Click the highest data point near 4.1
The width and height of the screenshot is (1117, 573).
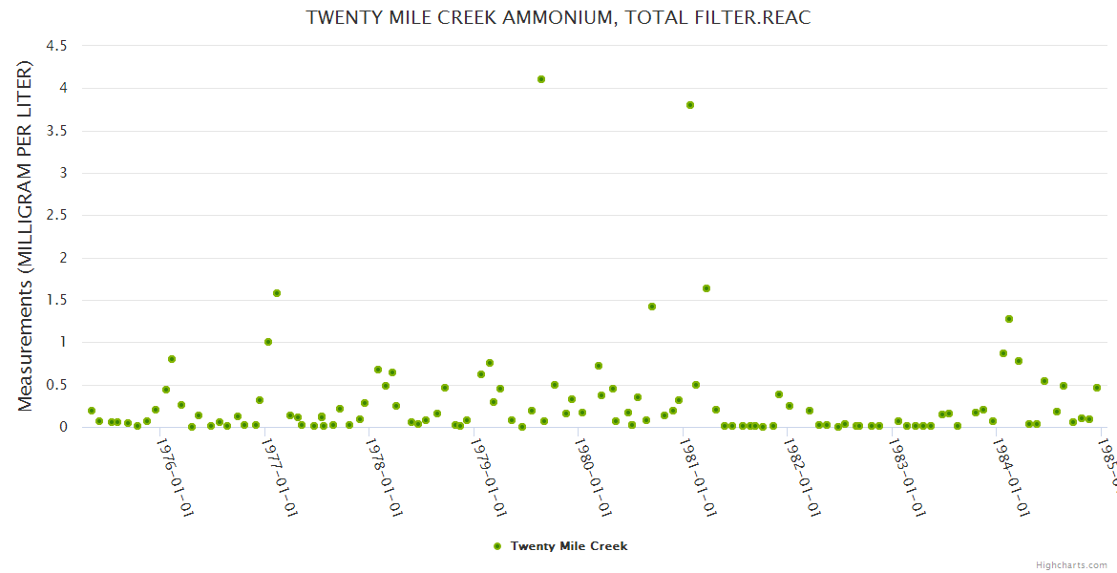tap(541, 79)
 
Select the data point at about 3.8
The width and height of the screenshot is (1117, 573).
tap(690, 105)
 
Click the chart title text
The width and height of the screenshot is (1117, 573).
tap(558, 18)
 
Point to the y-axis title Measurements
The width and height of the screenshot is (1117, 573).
tap(26, 236)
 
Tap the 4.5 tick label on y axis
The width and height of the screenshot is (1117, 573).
tap(56, 46)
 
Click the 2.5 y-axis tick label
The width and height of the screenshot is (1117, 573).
tap(56, 216)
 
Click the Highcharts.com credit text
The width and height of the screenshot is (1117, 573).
tap(1072, 565)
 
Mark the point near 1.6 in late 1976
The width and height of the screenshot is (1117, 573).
tap(277, 293)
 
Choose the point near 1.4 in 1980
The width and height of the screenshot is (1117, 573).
tap(652, 307)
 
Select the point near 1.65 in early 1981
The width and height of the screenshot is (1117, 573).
tap(706, 288)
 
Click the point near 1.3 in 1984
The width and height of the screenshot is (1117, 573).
tap(1009, 319)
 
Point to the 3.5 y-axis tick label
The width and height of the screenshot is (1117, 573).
tap(56, 131)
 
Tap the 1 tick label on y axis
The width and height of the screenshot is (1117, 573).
tap(63, 343)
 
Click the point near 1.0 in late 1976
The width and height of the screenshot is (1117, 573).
tap(268, 342)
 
